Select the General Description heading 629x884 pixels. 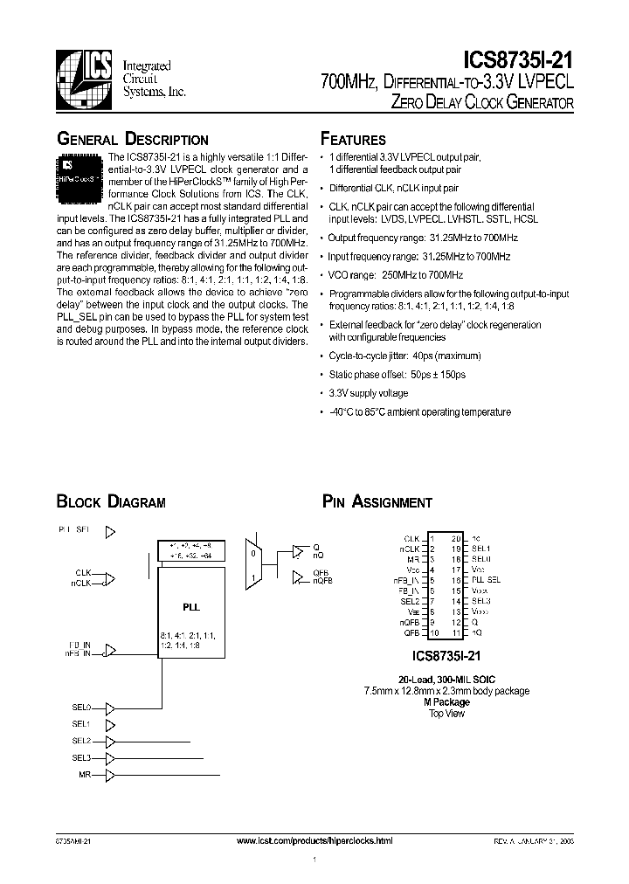132,140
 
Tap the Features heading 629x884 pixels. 353,140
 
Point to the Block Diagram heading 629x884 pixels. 111,502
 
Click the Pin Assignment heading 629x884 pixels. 377,502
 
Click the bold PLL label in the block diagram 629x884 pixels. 189,603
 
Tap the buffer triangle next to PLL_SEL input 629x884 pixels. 111,530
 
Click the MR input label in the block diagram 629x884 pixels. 85,774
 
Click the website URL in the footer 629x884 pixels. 315,840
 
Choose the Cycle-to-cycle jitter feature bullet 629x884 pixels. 392,356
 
